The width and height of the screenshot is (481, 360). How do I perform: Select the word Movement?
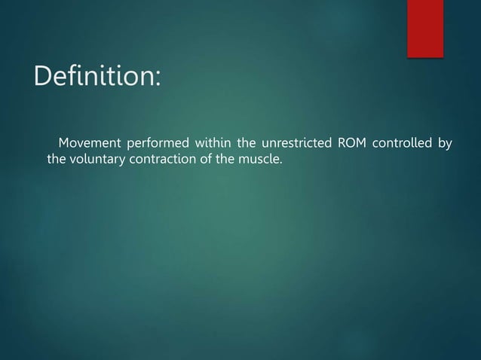tap(88, 143)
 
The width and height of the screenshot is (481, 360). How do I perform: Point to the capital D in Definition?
tap(41, 77)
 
